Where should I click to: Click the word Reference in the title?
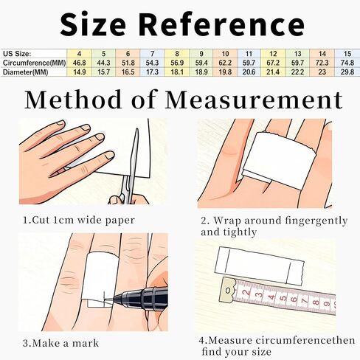(223, 25)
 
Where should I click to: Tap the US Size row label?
(17, 54)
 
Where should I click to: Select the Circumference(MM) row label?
(34, 63)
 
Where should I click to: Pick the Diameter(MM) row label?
(25, 72)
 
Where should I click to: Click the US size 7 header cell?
(152, 54)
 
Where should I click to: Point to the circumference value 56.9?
(177, 63)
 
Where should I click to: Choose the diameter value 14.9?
(80, 72)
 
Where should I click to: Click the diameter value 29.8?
(347, 72)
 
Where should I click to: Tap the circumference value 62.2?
(225, 63)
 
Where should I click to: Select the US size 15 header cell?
(347, 54)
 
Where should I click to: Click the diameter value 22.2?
(297, 72)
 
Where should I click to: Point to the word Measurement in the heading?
(254, 100)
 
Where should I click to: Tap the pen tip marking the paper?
(105, 299)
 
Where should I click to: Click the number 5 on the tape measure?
(283, 298)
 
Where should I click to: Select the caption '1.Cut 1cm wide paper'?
(79, 220)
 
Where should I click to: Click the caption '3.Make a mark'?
(60, 343)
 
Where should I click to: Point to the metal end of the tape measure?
(228, 290)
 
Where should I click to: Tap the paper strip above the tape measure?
(260, 266)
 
